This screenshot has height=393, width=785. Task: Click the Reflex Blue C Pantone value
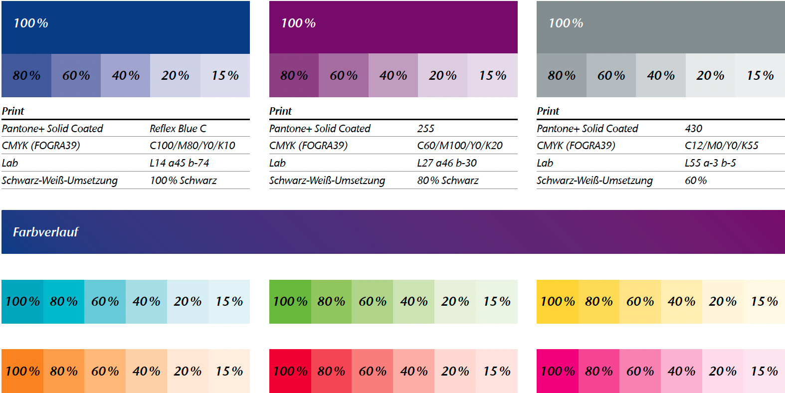pos(178,129)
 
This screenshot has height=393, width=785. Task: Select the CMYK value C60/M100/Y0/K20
pos(459,146)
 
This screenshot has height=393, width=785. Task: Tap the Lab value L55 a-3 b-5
pos(710,163)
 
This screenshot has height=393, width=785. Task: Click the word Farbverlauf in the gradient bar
pos(45,232)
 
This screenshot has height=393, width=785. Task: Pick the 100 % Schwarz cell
pos(183,181)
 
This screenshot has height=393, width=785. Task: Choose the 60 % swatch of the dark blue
pos(76,75)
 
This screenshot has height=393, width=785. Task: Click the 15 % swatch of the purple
pos(492,75)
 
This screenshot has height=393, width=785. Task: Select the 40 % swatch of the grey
pos(660,75)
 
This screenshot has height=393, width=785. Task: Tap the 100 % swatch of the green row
pos(290,301)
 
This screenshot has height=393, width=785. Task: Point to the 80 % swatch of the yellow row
pos(598,301)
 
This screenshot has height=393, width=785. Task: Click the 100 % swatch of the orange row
pos(22,371)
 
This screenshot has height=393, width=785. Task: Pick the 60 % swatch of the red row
pos(372,371)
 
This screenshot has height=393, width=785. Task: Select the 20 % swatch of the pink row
pos(722,371)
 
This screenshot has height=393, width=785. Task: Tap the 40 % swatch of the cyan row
pos(146,301)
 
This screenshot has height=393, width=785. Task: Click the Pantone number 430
pos(693,129)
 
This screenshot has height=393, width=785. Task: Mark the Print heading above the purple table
pos(280,111)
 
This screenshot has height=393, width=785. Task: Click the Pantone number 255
pos(425,129)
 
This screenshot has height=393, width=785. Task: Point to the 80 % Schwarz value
pos(447,181)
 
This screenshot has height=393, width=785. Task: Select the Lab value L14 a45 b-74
pos(179,163)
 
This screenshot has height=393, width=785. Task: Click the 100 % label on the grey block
pos(566,23)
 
